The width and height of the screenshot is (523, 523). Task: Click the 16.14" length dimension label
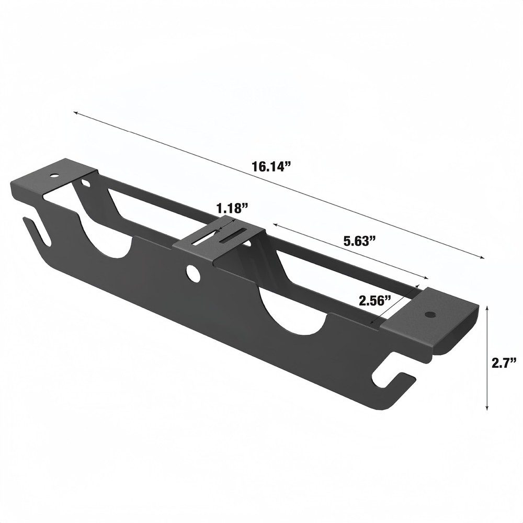tap(270, 167)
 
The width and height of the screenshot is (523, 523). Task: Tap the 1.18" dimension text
tap(231, 208)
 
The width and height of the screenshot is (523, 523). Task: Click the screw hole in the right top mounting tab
tap(430, 314)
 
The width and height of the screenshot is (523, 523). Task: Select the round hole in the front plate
tap(194, 274)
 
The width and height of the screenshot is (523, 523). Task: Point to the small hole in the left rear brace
tap(85, 183)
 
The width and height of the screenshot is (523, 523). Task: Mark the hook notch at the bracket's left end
tap(38, 232)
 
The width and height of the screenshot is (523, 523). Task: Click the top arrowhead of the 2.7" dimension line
tap(487, 309)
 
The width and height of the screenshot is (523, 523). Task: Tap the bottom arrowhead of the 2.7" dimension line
tap(487, 408)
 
